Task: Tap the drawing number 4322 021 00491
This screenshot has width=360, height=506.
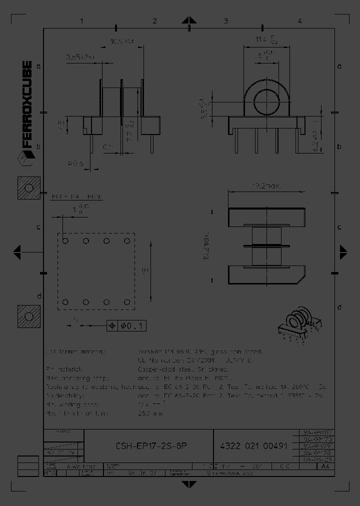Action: click(x=253, y=446)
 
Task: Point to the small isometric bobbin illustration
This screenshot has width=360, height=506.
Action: click(x=294, y=326)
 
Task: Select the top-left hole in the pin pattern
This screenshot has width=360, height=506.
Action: click(x=66, y=241)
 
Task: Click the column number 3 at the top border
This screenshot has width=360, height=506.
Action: click(x=226, y=21)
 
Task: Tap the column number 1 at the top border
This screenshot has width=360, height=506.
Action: click(x=81, y=21)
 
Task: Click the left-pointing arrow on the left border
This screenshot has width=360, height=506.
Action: click(x=16, y=251)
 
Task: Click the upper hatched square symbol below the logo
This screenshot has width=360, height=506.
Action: click(x=28, y=188)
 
